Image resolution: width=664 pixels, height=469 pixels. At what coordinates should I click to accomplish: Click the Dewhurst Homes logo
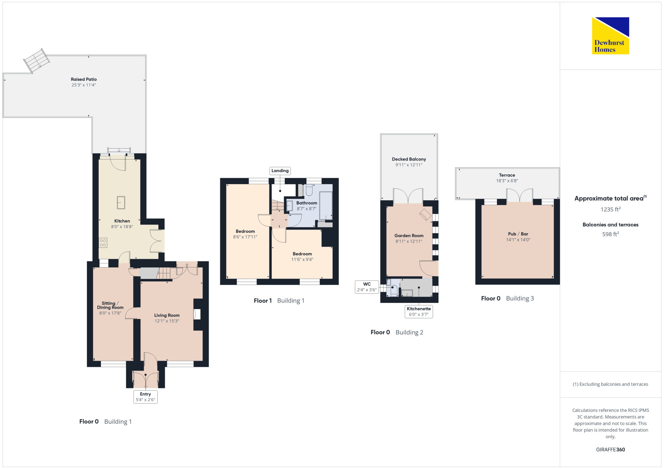pos(611,35)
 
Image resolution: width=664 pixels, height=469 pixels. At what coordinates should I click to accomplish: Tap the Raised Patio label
pos(84,79)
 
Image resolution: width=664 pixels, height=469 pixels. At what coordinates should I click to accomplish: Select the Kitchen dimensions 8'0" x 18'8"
pos(122,227)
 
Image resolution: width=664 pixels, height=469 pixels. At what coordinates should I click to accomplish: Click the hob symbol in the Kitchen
pos(103,243)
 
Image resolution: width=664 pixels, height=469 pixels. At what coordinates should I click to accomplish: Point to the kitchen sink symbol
pos(121,203)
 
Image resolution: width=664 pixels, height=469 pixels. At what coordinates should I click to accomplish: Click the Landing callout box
pos(280,171)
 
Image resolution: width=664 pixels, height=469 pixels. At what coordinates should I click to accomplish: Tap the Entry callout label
pos(145,397)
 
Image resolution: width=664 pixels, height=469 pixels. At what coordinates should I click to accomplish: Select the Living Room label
pos(167,315)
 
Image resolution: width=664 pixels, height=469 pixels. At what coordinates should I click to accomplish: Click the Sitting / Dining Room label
pos(110,305)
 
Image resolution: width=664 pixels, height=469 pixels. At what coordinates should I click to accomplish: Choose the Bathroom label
pos(307,203)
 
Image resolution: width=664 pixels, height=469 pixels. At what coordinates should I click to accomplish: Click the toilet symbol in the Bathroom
pos(309,190)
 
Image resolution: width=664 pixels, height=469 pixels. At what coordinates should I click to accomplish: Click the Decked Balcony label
pos(409,159)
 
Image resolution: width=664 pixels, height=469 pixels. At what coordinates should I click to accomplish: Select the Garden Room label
pos(409,236)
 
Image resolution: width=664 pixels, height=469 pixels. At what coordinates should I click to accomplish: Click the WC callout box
pos(367,287)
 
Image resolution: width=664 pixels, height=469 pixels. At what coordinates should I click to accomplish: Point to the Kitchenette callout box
pos(419,311)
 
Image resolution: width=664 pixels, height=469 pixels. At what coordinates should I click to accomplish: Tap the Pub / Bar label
pos(518,234)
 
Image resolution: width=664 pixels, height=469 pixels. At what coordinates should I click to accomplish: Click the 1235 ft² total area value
pos(611,209)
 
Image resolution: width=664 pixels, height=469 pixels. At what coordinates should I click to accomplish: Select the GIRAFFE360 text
pos(611,450)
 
